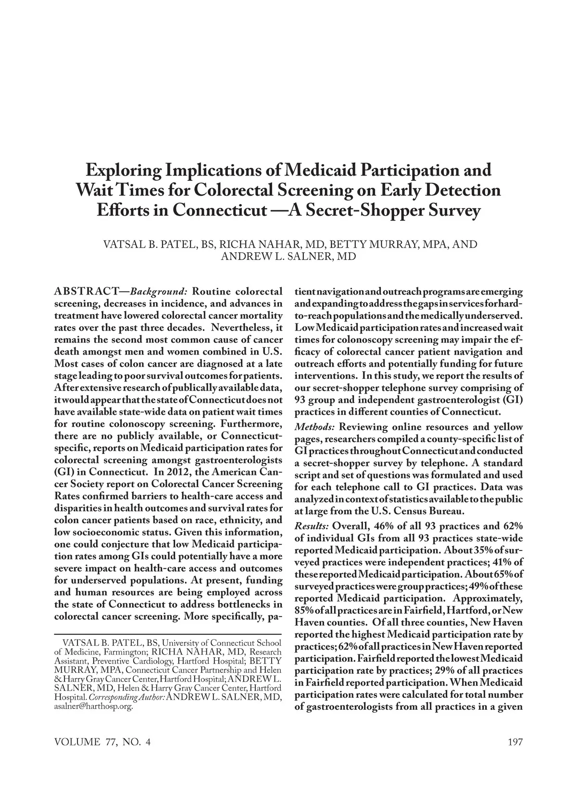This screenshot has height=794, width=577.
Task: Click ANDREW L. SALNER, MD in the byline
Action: click(x=288, y=256)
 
